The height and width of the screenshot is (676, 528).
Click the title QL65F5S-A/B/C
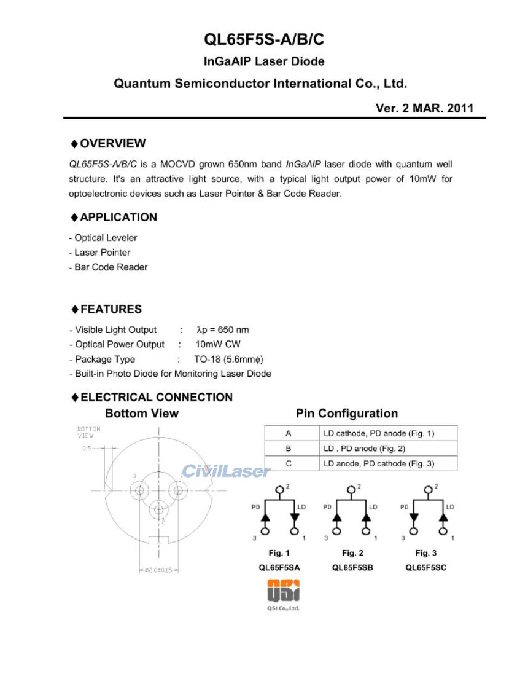click(x=263, y=40)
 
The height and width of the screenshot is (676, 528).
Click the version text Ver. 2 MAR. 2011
click(x=424, y=108)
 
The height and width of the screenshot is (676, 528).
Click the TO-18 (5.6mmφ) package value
click(x=223, y=360)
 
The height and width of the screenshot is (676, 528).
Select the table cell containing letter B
click(x=289, y=449)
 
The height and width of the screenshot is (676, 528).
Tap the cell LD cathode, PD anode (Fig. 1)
click(x=378, y=433)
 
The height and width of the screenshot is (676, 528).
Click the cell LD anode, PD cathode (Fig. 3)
click(x=378, y=464)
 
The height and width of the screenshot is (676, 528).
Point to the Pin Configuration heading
click(x=346, y=414)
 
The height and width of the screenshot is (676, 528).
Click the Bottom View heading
click(x=141, y=414)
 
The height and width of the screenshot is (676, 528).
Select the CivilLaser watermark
click(x=225, y=471)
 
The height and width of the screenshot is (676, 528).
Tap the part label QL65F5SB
click(x=352, y=568)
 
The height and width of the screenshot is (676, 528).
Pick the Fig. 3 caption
click(x=425, y=554)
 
